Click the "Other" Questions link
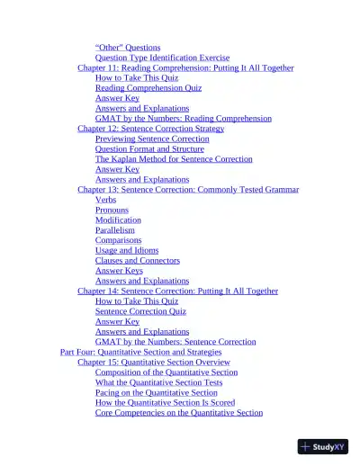point(128,47)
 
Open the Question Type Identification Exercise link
point(162,58)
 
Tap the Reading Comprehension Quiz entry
point(148,88)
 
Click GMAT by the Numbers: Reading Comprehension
point(183,119)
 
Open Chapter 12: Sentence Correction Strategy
point(150,129)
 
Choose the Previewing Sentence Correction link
point(152,139)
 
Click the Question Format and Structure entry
point(149,149)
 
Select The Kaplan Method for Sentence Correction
point(174,159)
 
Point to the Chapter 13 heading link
point(188,190)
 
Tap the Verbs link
point(105,200)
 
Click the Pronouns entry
point(112,210)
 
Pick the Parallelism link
point(114,230)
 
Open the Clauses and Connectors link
point(138,261)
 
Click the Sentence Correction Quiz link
point(140,311)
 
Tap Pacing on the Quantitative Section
point(156,392)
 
